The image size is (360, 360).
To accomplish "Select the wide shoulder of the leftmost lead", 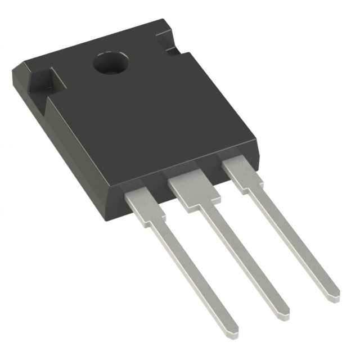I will pyautogui.click(x=143, y=205).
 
